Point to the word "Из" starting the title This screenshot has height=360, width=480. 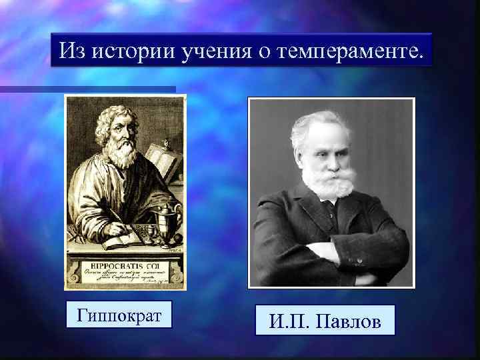(71, 51)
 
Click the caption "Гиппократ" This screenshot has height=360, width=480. (119, 315)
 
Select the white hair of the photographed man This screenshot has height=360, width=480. (322, 120)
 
